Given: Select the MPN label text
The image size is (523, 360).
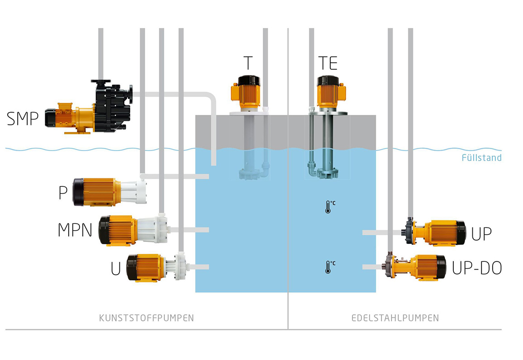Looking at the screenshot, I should [x=75, y=230].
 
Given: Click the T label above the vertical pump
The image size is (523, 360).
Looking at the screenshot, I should [x=247, y=63].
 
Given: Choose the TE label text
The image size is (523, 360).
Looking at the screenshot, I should [x=328, y=63].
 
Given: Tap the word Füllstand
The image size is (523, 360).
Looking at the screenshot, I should [x=481, y=158].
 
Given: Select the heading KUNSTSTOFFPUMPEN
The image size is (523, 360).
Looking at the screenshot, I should [x=146, y=318].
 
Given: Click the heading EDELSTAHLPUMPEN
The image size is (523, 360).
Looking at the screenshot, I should [x=395, y=318].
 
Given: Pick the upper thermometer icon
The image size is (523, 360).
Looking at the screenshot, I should [x=328, y=207].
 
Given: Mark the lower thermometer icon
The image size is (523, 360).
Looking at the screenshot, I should [x=328, y=266].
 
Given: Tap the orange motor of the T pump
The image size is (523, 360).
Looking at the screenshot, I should [x=247, y=93].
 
